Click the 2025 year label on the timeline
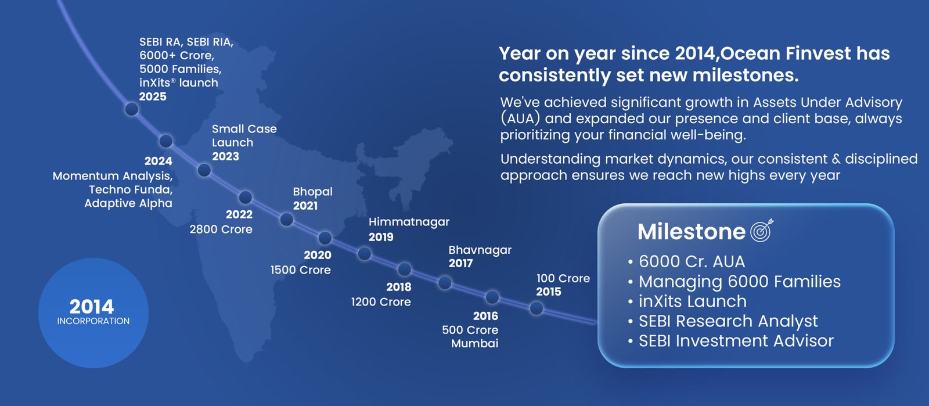tap(153, 96)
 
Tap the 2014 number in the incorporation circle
tap(92, 307)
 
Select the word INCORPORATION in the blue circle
tap(93, 321)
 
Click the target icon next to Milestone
tap(762, 230)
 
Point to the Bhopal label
tap(313, 192)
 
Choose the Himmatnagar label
tap(409, 222)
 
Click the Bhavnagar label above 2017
tap(480, 250)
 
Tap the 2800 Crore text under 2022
tap(221, 229)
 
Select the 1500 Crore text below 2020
tap(301, 270)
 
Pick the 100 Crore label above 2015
tap(563, 278)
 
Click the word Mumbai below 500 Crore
tap(475, 343)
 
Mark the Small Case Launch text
tap(244, 135)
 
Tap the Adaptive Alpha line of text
tap(128, 203)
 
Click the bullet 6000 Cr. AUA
tap(692, 262)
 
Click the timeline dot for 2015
tap(536, 308)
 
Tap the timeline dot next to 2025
tap(131, 109)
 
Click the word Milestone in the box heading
tap(692, 231)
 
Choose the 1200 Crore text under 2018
tap(381, 302)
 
